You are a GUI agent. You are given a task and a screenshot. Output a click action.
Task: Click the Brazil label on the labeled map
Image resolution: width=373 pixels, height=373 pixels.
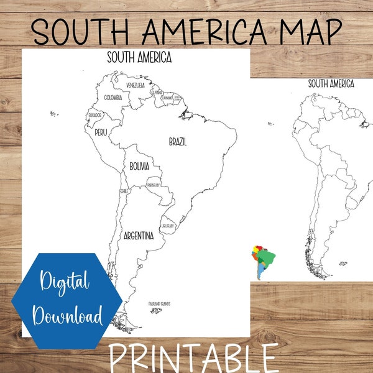coord(178,142)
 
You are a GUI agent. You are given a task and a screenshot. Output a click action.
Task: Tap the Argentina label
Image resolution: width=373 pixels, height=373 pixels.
coord(139,236)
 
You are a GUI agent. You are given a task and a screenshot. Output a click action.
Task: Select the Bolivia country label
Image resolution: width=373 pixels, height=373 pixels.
coord(139,167)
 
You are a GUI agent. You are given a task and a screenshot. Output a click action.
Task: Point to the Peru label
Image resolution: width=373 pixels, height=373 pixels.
coord(101,132)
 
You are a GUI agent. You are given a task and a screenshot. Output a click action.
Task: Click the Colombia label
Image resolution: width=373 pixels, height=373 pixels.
coord(113,98)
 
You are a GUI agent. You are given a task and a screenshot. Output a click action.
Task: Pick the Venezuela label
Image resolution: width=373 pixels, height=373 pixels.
coord(136,85)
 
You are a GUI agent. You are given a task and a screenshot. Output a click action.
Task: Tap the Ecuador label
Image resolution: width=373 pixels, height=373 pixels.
coord(94,115)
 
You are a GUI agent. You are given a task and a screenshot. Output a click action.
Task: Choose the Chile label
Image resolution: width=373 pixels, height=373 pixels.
coord(124,191)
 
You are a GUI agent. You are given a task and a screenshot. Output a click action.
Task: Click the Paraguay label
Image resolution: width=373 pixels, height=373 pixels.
coord(154,185)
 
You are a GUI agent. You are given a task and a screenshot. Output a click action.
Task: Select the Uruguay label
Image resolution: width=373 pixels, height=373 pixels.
coord(167,226)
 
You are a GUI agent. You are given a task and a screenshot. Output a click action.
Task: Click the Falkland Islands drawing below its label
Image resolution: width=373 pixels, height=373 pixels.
coord(156,310)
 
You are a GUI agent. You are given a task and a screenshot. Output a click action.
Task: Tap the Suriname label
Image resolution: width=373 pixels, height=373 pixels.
coord(167,98)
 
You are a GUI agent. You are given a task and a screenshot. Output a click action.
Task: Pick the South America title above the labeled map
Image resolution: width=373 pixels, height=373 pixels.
coord(139,58)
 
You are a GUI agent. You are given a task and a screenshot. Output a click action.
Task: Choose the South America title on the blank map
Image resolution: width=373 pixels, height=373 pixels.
coord(331,84)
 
